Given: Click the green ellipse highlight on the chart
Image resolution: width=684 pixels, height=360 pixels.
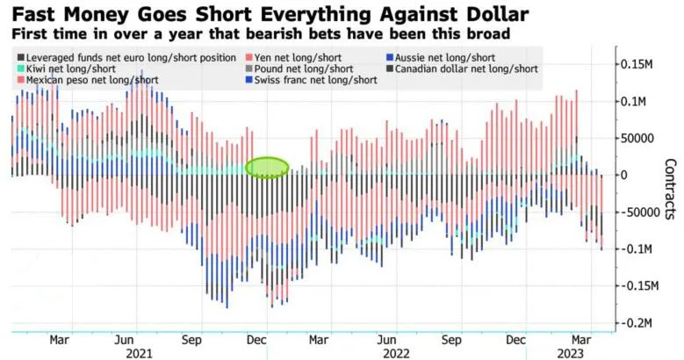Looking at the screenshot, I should point(267,167).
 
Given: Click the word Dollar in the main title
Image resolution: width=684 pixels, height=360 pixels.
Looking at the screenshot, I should point(485,15).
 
